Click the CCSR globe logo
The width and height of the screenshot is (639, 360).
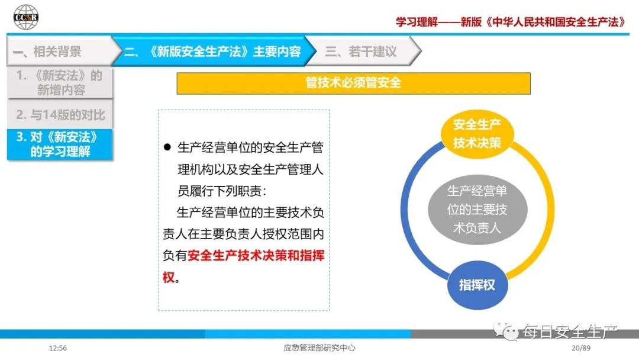25,17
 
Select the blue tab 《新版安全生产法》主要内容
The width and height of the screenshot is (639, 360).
212,51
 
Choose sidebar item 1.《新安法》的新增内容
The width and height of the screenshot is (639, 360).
60,83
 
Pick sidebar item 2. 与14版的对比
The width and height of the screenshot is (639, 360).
60,114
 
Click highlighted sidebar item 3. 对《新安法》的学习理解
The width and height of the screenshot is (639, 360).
60,144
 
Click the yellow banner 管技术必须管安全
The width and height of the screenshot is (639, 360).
353,83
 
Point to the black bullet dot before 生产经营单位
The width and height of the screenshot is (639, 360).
167,147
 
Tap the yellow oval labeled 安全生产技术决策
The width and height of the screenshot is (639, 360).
477,133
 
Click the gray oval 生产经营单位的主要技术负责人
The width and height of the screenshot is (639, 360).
477,210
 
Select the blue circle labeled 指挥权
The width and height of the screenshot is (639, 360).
477,285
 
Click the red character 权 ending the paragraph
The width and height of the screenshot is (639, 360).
169,277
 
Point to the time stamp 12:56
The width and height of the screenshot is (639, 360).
57,348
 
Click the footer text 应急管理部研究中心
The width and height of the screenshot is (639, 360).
319,348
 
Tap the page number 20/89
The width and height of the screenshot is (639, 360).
581,348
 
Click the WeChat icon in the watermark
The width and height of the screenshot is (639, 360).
506,330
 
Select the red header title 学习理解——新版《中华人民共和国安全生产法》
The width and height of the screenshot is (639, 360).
510,21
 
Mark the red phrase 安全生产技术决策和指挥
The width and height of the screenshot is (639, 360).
256,256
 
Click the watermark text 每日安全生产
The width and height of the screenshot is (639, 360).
570,332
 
